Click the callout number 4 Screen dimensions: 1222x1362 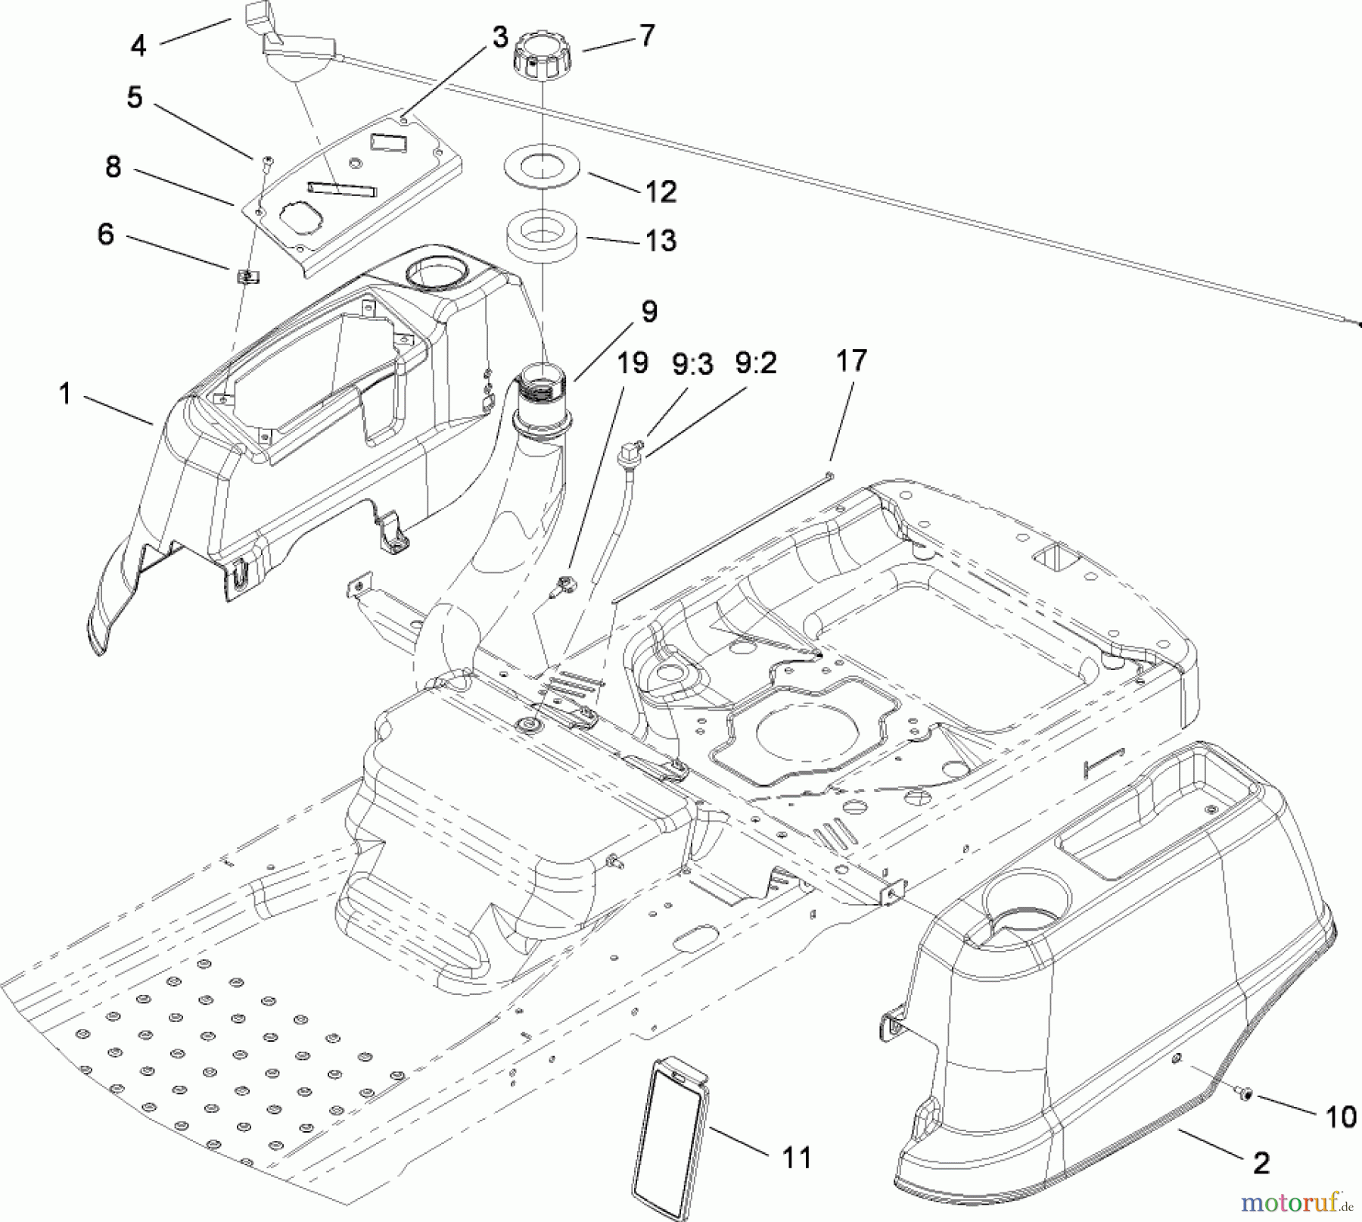(x=138, y=46)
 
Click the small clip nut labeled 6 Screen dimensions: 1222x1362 (x=247, y=277)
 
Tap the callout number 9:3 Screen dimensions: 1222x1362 (x=692, y=364)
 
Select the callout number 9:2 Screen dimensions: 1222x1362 (x=756, y=364)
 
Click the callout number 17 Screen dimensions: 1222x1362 (x=850, y=360)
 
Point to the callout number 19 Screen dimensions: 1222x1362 (x=632, y=362)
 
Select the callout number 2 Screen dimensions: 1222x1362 (x=1261, y=1162)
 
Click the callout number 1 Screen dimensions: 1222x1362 (x=66, y=394)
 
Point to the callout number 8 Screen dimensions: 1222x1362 (x=113, y=167)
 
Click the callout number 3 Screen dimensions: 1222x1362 (x=499, y=37)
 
